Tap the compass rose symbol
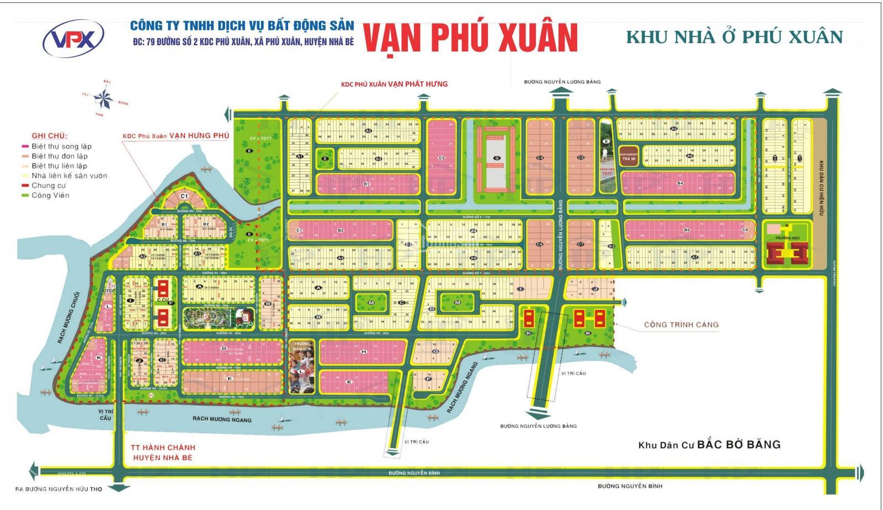pos(103,99)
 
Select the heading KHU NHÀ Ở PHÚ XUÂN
pos(734,36)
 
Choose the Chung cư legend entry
pos(49,185)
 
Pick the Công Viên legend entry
pos(50,195)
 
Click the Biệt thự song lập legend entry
pos(61,146)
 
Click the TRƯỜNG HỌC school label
pos(788,238)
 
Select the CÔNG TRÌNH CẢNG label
pos(681,325)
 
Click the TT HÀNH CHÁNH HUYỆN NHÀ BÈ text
pos(163,452)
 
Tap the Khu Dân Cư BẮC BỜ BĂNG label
pos(709,445)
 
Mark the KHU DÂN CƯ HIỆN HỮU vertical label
pos(821,166)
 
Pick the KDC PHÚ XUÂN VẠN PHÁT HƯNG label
pos(394,84)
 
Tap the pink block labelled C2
pos(441,158)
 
